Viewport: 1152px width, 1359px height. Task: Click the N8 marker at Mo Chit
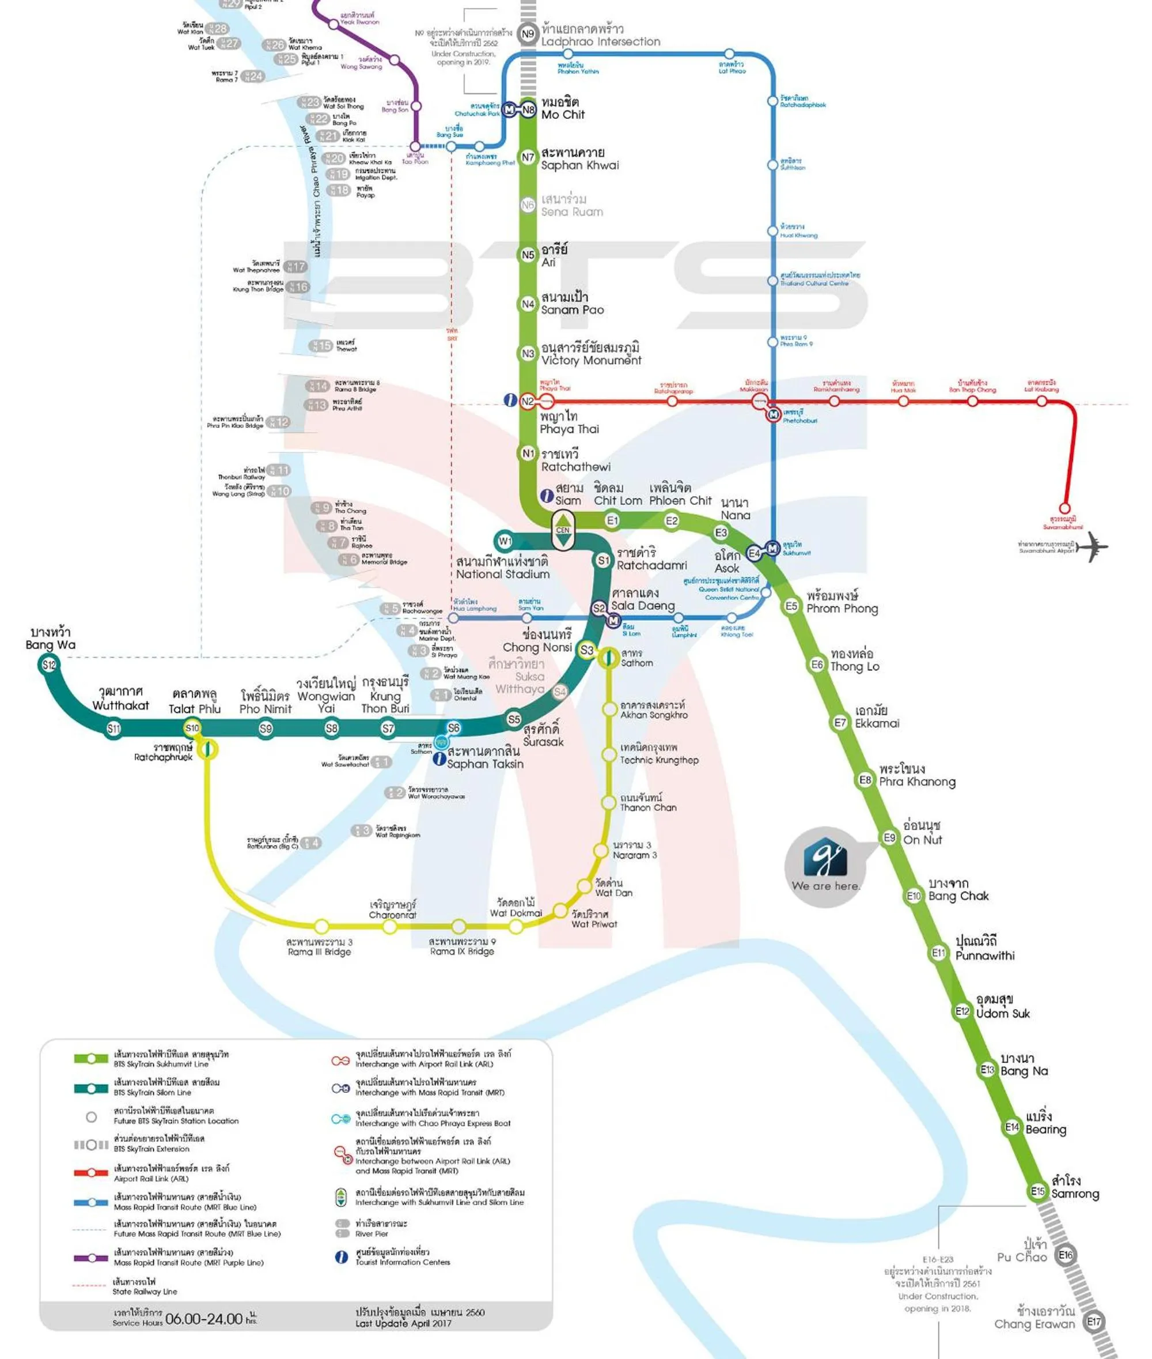point(528,110)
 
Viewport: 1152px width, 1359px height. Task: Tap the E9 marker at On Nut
point(889,837)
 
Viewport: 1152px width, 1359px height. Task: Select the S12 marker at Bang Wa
point(49,665)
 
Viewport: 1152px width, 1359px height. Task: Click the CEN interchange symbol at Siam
point(563,529)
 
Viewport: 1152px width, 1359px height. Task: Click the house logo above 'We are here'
point(825,858)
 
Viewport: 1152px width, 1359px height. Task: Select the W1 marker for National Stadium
point(504,541)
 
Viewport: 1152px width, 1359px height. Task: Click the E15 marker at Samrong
point(1038,1191)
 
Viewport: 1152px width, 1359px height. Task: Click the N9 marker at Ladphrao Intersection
point(528,34)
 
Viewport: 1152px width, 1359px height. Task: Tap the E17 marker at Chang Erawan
point(1094,1322)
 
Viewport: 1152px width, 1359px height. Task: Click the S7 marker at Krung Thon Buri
point(388,728)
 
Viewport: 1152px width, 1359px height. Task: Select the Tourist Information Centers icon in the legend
point(341,1257)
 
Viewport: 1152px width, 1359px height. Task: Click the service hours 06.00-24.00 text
point(204,1319)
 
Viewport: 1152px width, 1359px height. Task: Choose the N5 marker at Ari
point(528,255)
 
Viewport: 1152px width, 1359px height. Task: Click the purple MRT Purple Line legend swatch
point(91,1258)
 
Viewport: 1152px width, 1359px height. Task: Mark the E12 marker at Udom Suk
point(962,1011)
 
